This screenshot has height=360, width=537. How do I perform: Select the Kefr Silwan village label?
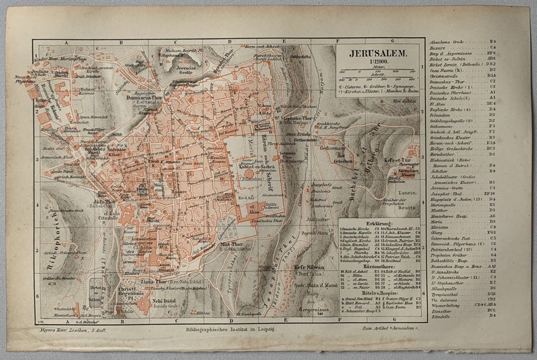(x=308, y=267)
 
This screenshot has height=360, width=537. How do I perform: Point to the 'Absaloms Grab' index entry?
(x=446, y=41)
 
